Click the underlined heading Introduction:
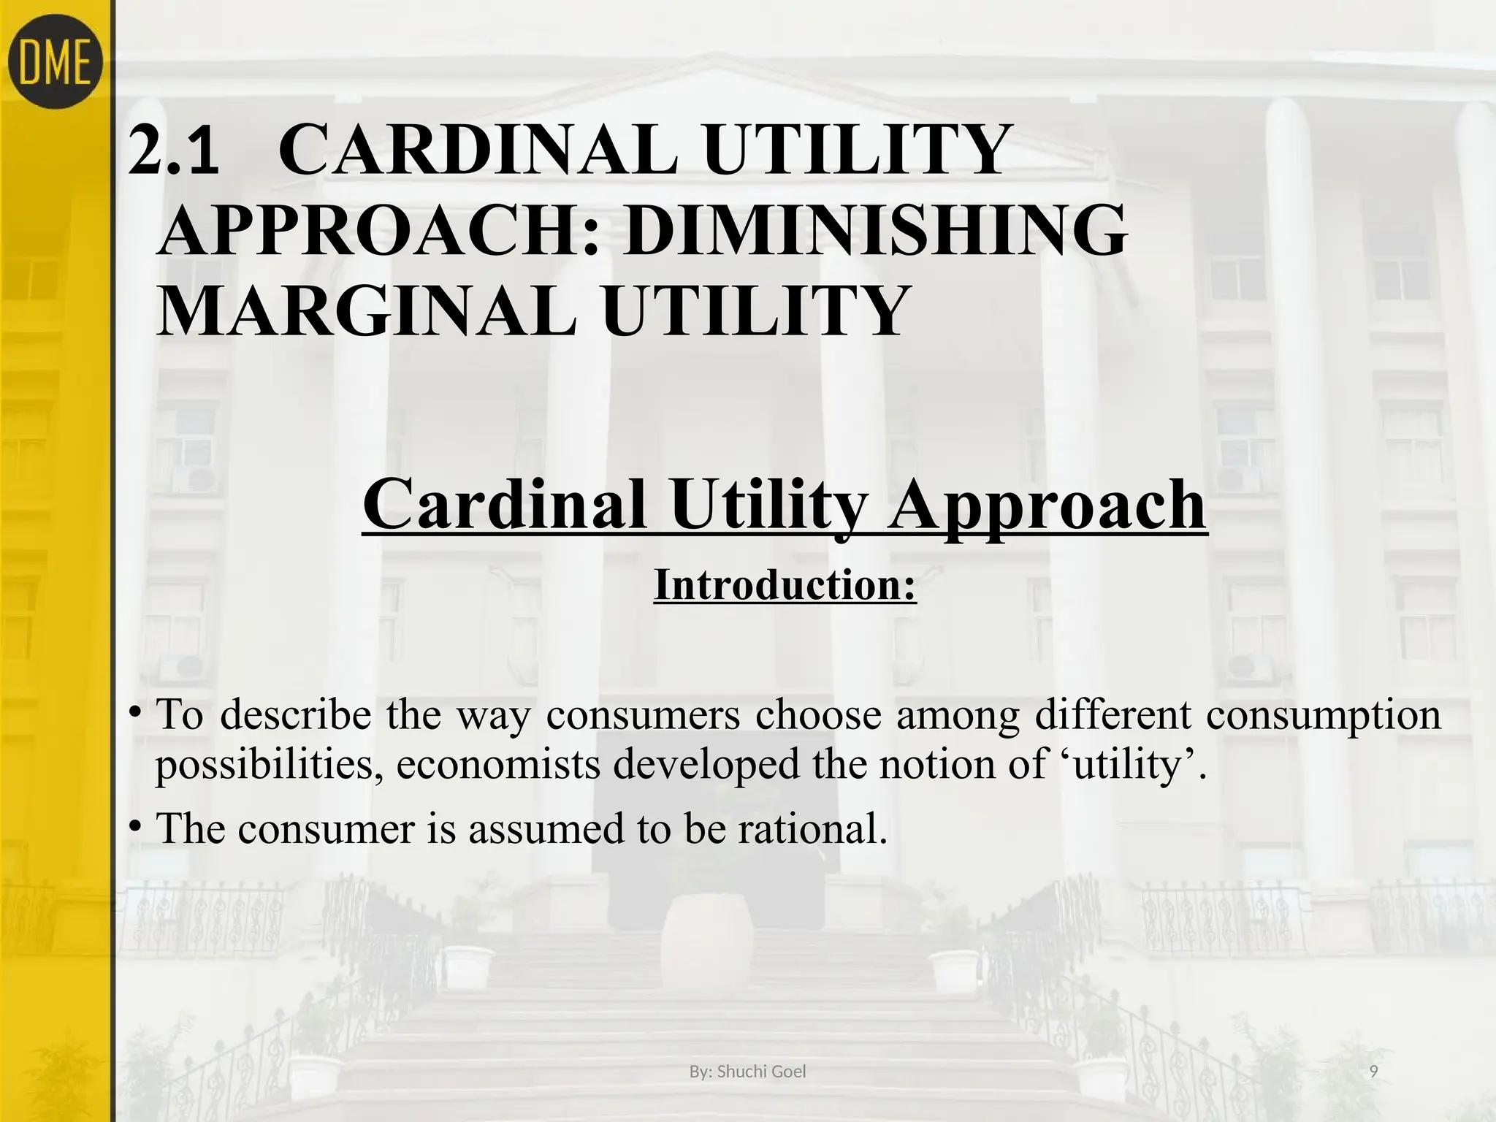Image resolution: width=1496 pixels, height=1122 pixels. [785, 585]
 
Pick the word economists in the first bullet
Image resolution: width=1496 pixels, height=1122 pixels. [500, 765]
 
